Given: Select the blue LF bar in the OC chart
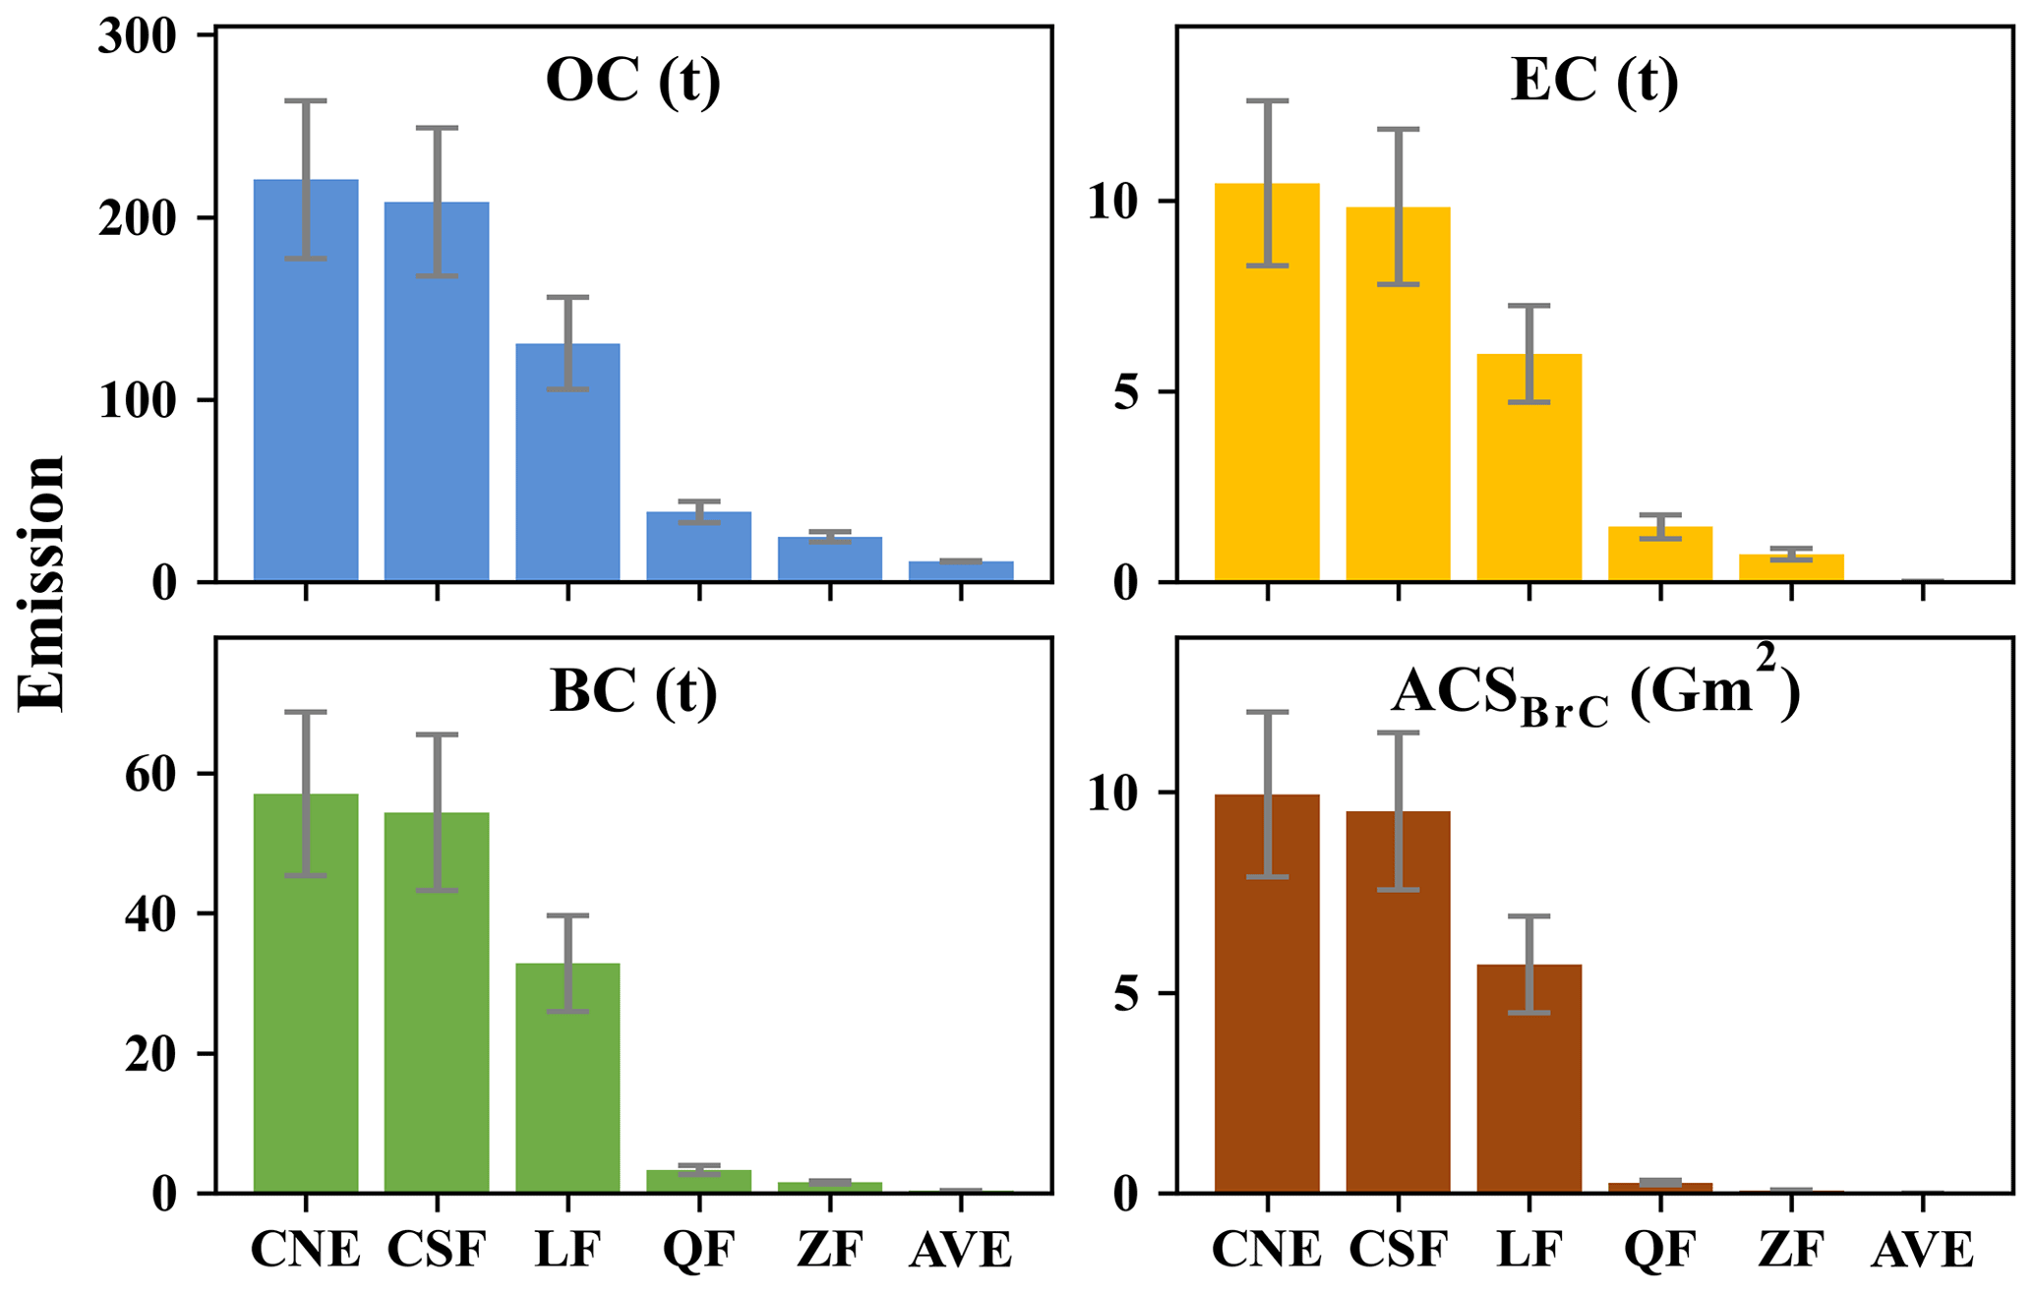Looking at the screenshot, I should (568, 472).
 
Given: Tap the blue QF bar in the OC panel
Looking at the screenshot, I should (698, 551).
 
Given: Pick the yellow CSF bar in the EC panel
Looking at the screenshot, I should (1398, 413).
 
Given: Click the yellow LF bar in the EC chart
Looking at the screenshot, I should (1528, 472).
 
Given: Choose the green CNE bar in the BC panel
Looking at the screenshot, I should (306, 1003).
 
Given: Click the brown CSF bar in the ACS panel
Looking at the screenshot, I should (1398, 1013).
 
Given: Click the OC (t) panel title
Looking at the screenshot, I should (633, 81).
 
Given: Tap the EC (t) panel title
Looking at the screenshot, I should (1594, 81).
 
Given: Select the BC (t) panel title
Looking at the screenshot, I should (633, 691).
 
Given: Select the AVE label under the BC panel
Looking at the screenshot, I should (961, 1251).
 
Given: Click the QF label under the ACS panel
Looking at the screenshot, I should (1659, 1251).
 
